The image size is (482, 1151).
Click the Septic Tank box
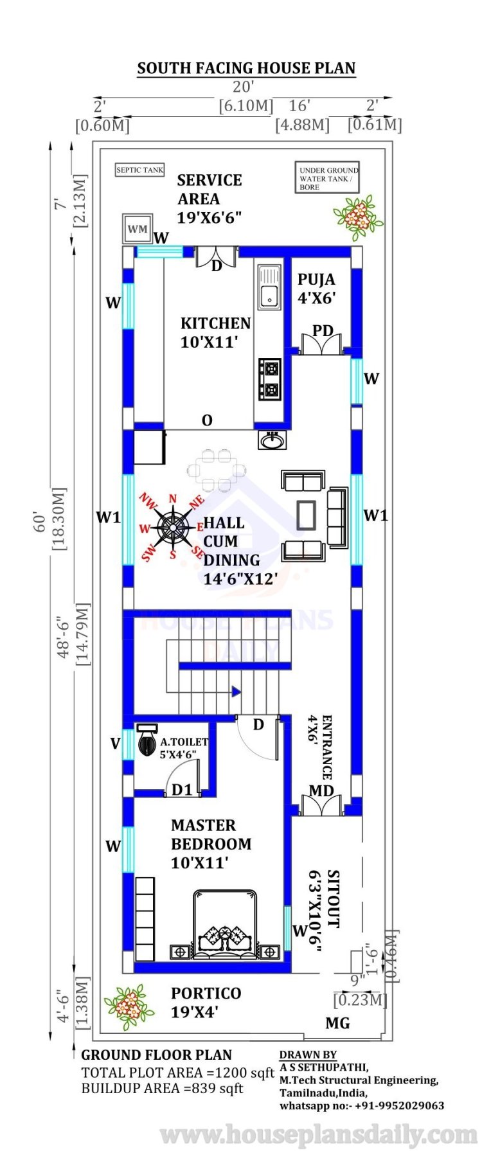click(139, 170)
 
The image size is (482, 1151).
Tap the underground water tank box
click(327, 178)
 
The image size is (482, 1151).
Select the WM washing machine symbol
click(138, 228)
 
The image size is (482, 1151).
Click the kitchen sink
click(269, 287)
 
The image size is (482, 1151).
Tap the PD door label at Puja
click(323, 330)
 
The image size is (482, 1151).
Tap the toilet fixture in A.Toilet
click(147, 740)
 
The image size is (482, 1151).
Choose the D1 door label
click(182, 789)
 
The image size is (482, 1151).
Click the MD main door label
click(321, 790)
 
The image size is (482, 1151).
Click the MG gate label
click(337, 1022)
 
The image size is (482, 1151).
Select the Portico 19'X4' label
click(206, 1002)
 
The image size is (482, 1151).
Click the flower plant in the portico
click(129, 1007)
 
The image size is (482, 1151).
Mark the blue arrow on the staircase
click(236, 691)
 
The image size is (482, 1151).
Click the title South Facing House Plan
click(246, 68)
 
